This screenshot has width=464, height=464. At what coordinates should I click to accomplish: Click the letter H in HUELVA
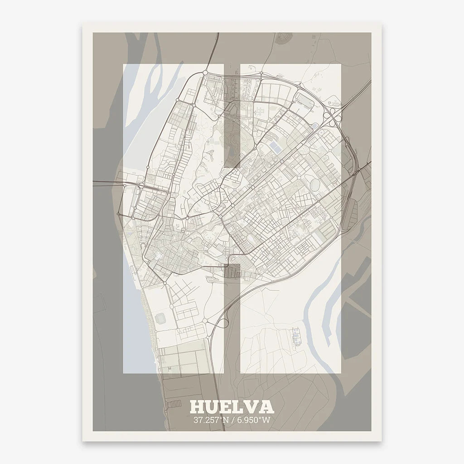(x=197, y=406)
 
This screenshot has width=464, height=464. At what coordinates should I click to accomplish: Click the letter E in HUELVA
(x=226, y=406)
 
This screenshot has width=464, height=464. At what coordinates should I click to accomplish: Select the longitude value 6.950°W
(x=255, y=420)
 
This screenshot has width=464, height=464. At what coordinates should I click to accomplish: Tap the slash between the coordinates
(x=232, y=420)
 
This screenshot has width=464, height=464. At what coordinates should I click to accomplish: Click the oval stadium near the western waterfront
(x=161, y=319)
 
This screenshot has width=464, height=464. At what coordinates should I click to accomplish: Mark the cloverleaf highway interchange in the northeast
(x=335, y=116)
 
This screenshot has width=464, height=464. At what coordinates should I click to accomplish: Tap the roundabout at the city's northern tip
(x=205, y=72)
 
